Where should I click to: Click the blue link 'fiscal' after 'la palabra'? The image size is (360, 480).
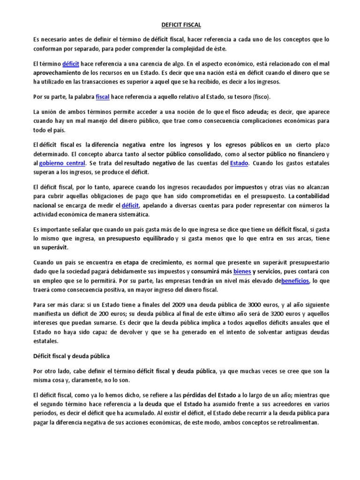pyautogui.click(x=102, y=97)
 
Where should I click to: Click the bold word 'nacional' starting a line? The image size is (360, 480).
pyautogui.click(x=44, y=205)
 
